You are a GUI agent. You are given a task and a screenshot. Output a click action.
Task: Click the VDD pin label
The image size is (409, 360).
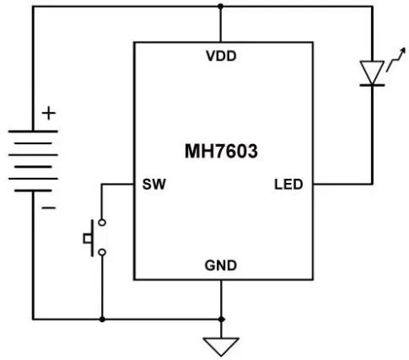[221, 56]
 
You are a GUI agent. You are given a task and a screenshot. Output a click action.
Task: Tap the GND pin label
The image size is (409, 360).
[221, 266]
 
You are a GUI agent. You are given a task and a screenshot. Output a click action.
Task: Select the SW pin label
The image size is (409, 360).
[154, 185]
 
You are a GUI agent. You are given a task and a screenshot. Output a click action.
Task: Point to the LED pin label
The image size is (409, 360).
[288, 185]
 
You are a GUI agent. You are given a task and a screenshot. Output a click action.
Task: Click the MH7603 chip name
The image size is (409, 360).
[221, 151]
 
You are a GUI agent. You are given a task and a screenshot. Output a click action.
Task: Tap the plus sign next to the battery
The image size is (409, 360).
[49, 113]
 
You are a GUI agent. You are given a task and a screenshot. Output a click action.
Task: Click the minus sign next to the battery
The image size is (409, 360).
[49, 208]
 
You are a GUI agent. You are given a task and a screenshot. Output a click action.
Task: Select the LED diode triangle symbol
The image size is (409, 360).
[372, 73]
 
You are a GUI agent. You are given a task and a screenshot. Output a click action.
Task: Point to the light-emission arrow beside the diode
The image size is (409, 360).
[396, 60]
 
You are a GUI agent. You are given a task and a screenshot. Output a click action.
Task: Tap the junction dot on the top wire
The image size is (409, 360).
[221, 6]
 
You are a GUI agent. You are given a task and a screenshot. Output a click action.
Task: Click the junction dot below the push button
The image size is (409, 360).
[102, 320]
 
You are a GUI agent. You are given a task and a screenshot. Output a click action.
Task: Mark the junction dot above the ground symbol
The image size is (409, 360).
[222, 320]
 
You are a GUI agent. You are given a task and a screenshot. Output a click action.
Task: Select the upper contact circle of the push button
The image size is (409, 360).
[102, 223]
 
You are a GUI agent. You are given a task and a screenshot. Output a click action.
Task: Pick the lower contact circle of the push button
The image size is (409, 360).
[102, 252]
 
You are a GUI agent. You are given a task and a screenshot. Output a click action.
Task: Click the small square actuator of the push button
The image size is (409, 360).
[87, 239]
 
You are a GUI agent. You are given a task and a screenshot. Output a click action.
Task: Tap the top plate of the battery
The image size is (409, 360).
[33, 132]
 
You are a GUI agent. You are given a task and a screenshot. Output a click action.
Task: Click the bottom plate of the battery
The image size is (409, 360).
[33, 191]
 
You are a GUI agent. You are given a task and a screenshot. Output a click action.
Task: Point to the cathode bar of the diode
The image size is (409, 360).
[372, 85]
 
